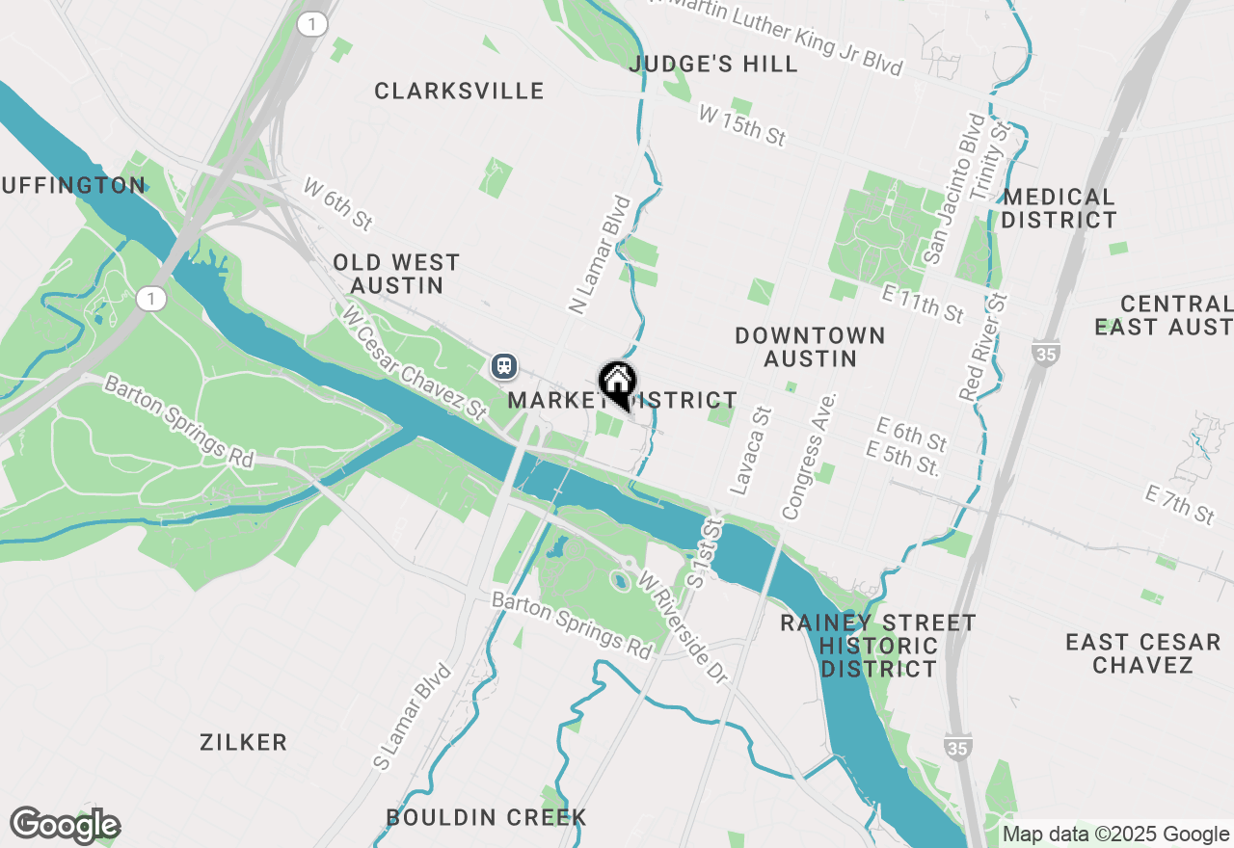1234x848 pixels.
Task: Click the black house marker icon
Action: click(617, 384)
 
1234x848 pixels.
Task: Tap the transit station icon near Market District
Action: click(503, 366)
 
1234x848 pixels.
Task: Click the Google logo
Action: click(65, 825)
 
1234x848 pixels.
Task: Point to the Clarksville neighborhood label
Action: click(459, 91)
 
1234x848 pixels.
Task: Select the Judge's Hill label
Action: click(713, 65)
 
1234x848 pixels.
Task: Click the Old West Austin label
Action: click(396, 274)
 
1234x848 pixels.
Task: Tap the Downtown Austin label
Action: click(810, 347)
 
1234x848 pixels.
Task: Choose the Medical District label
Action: click(1059, 208)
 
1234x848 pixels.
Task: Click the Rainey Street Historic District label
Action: click(877, 646)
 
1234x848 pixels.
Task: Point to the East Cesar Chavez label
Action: click(1143, 653)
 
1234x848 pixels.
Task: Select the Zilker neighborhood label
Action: click(243, 742)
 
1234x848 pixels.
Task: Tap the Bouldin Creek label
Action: click(486, 818)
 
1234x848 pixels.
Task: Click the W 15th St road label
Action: click(742, 126)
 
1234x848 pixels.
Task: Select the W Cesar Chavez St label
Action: click(414, 361)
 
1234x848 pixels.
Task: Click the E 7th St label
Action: click(1179, 505)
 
